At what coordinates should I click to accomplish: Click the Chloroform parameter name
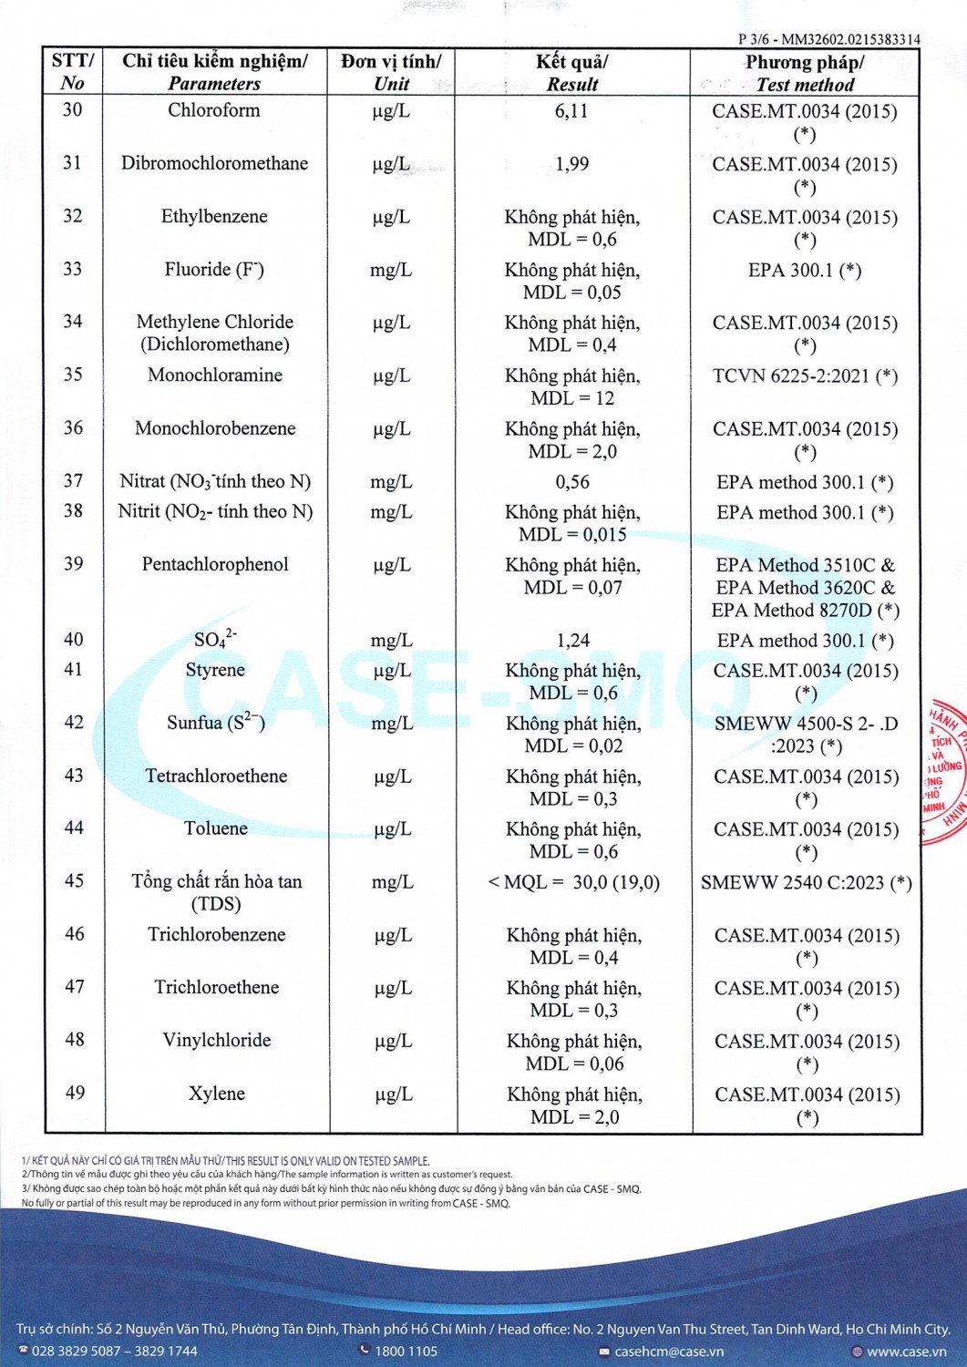pyautogui.click(x=214, y=110)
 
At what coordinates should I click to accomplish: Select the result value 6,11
pyautogui.click(x=571, y=111)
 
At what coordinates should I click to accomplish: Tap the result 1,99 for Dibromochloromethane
pyautogui.click(x=571, y=164)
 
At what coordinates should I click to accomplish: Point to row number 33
pyautogui.click(x=72, y=269)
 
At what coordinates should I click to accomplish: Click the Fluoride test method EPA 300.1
pyautogui.click(x=804, y=270)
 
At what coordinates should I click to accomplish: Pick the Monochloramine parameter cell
pyautogui.click(x=215, y=375)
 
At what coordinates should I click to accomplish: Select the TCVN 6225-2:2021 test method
pyautogui.click(x=805, y=375)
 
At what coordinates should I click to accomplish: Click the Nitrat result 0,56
pyautogui.click(x=572, y=481)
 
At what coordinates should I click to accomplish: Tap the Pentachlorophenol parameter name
pyautogui.click(x=215, y=564)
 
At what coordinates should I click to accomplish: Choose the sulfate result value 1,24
pyautogui.click(x=572, y=641)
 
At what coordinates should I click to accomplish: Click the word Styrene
pyautogui.click(x=215, y=670)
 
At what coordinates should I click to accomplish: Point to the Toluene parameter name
pyautogui.click(x=216, y=828)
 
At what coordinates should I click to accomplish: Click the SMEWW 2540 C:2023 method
pyautogui.click(x=806, y=882)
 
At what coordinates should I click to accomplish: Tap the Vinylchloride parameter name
pyautogui.click(x=217, y=1040)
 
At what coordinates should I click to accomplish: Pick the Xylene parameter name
pyautogui.click(x=217, y=1094)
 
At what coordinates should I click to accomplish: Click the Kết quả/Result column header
pyautogui.click(x=572, y=73)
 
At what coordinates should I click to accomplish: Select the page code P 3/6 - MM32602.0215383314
pyautogui.click(x=828, y=39)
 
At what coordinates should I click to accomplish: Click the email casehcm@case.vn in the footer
pyautogui.click(x=668, y=1352)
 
